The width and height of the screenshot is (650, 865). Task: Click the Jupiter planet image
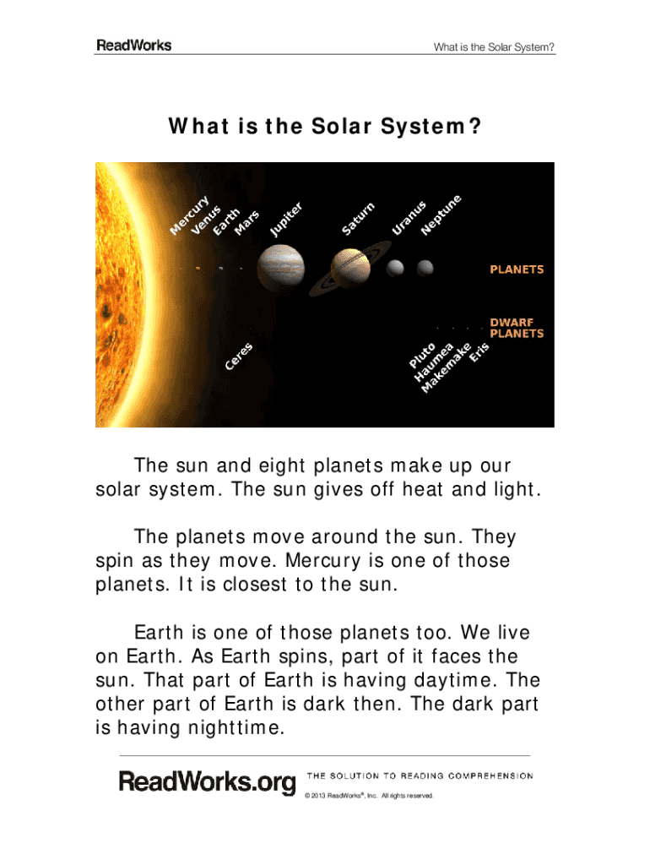pyautogui.click(x=280, y=268)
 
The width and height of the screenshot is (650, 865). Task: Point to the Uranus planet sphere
pyautogui.click(x=395, y=268)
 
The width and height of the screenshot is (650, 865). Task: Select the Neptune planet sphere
pyautogui.click(x=425, y=268)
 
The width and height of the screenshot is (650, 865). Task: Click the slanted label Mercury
pyautogui.click(x=189, y=215)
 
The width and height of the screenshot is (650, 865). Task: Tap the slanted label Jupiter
pyautogui.click(x=286, y=220)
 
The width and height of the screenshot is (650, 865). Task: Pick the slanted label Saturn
pyautogui.click(x=358, y=219)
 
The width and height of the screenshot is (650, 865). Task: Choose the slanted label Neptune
pyautogui.click(x=441, y=215)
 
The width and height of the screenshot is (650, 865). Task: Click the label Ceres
pyautogui.click(x=239, y=356)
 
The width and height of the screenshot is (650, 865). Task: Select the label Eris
pyautogui.click(x=479, y=352)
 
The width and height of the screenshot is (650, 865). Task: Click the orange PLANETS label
pyautogui.click(x=517, y=269)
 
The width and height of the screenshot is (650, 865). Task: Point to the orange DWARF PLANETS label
pyautogui.click(x=517, y=328)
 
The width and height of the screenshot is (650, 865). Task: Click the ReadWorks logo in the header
pyautogui.click(x=134, y=46)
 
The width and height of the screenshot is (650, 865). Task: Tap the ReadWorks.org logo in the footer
pyautogui.click(x=208, y=783)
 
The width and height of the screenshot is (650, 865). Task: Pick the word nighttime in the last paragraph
pyautogui.click(x=236, y=727)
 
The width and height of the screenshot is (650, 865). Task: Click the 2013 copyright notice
pyautogui.click(x=369, y=796)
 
